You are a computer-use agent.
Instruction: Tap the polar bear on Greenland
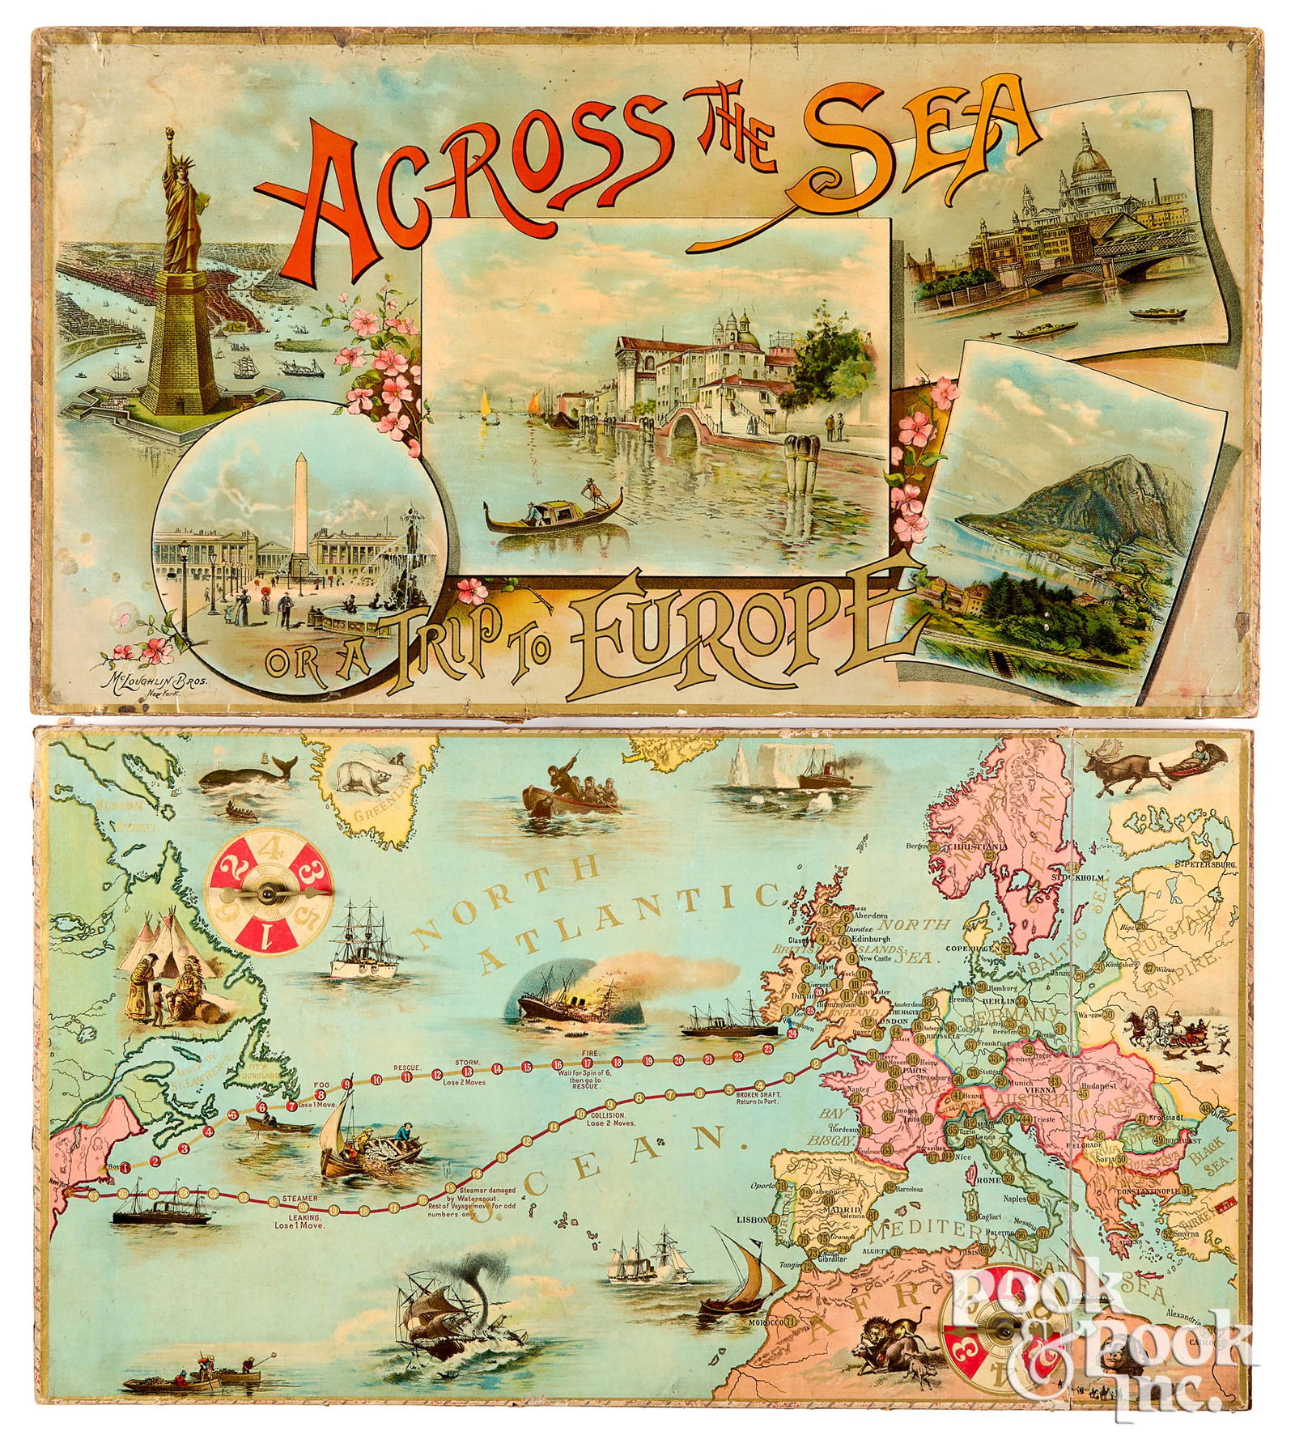(362, 775)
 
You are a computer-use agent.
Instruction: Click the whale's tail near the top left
(285, 762)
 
